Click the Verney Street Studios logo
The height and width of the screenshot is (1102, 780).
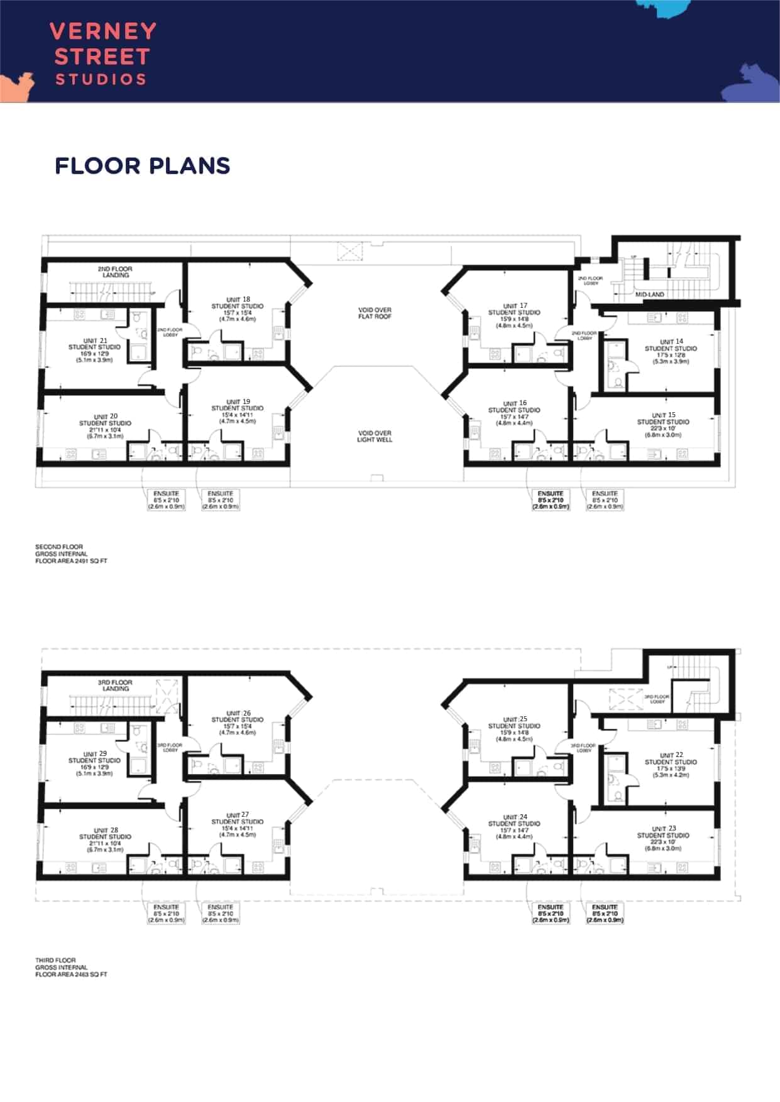coord(103,54)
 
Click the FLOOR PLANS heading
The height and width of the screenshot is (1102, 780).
coord(143,166)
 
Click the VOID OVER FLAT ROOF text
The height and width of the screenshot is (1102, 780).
coord(375,313)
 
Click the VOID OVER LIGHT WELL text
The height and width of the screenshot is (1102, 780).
coord(375,436)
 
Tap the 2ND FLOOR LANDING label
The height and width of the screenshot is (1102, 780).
coord(115,271)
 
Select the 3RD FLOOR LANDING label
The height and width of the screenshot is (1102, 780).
coord(115,685)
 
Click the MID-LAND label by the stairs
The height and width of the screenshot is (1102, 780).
coord(649,294)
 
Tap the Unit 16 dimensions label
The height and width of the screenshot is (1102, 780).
coord(514,420)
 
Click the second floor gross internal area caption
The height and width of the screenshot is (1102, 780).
coord(71,554)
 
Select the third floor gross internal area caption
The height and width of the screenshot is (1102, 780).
coord(71,967)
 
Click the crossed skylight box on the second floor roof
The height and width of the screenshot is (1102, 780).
coord(350,251)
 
